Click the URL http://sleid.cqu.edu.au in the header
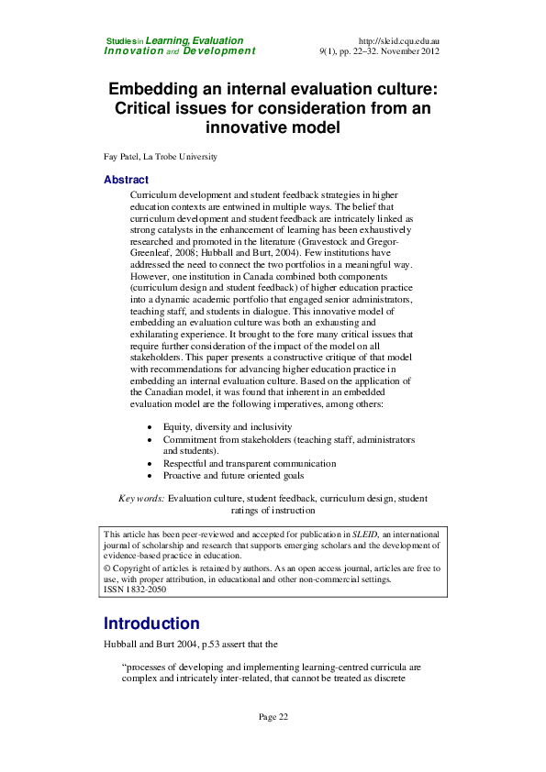[x=398, y=41]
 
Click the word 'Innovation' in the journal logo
[x=134, y=51]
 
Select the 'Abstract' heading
[x=126, y=180]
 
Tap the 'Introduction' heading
[x=151, y=623]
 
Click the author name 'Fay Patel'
[x=124, y=157]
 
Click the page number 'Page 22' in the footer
[x=273, y=716]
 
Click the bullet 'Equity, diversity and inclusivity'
[x=228, y=427]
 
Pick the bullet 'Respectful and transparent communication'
[x=250, y=464]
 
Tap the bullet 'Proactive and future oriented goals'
[x=233, y=476]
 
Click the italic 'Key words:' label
[x=141, y=498]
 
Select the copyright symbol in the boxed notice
[x=107, y=568]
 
